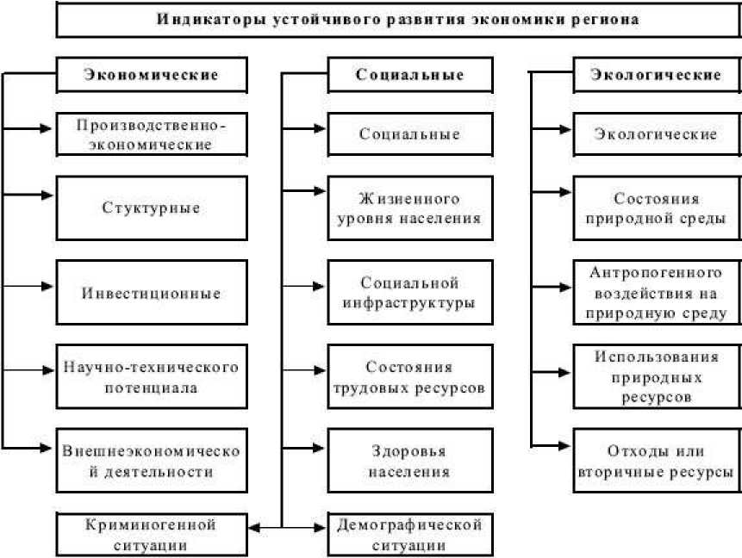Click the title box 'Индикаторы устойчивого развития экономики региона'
pos(397,19)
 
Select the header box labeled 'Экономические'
pos(151,74)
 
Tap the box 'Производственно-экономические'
pos(151,133)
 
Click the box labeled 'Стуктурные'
pos(151,208)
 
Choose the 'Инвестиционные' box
pos(151,293)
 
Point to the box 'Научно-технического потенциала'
pos(151,377)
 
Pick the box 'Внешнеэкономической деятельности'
pos(151,460)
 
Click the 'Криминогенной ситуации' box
pos(151,534)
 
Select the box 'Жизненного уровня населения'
pos(410,208)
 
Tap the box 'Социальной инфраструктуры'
pos(410,293)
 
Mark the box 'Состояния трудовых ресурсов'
pos(410,377)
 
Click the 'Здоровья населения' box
pos(410,460)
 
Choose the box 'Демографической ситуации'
pos(410,534)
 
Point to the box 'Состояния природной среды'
pos(656,208)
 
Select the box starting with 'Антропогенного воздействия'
pos(656,293)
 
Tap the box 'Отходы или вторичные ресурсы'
pos(656,460)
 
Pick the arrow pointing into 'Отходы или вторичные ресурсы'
pos(552,445)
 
